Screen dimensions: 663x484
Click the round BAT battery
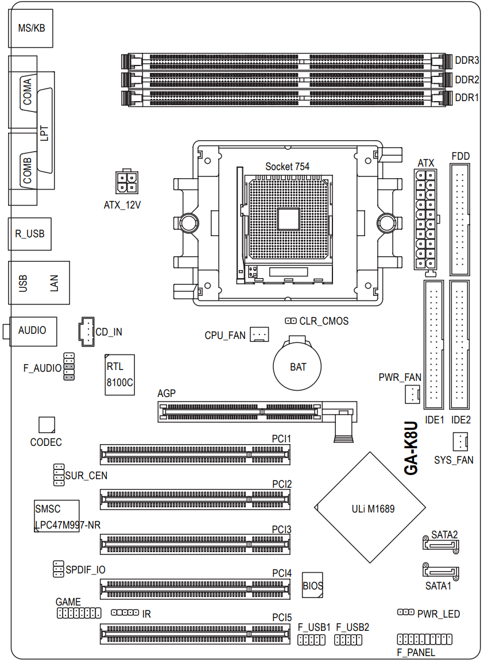click(x=297, y=366)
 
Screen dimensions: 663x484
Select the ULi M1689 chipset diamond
click(x=370, y=508)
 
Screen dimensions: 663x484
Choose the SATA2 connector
click(x=440, y=544)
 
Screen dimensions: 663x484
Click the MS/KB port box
click(x=31, y=28)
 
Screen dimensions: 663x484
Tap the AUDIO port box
click(x=32, y=330)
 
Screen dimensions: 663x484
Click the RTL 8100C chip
click(x=119, y=374)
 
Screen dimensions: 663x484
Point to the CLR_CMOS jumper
click(x=291, y=321)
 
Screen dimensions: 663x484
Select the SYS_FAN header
click(x=460, y=442)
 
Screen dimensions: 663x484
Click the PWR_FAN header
click(x=413, y=394)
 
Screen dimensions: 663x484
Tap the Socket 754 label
click(x=287, y=166)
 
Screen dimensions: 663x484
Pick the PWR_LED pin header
click(x=406, y=612)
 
